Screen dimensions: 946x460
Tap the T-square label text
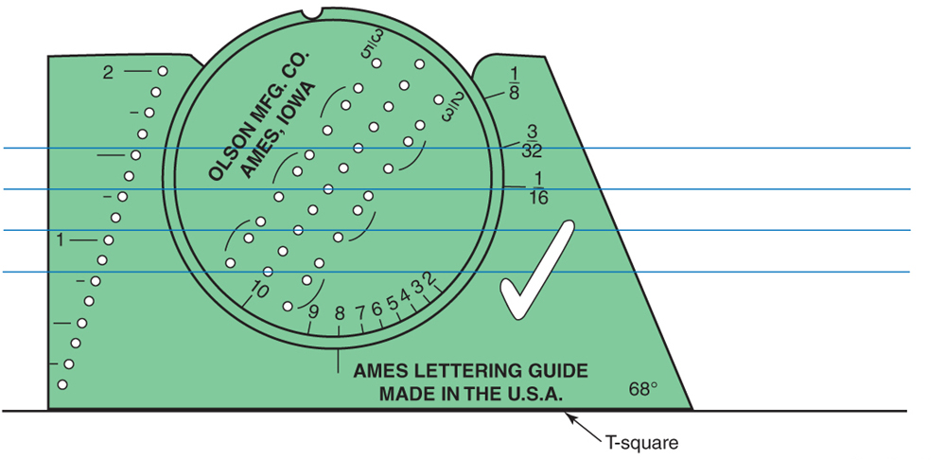pyautogui.click(x=641, y=443)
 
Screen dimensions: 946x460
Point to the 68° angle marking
pyautogui.click(x=642, y=389)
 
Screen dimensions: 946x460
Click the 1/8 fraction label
pyautogui.click(x=514, y=82)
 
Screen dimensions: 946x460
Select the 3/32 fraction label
pyautogui.click(x=532, y=141)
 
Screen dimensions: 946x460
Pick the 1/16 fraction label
pyautogui.click(x=538, y=188)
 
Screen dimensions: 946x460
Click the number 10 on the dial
pyautogui.click(x=258, y=292)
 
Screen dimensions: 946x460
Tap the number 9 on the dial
pyautogui.click(x=313, y=312)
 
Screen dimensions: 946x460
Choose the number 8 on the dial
pyautogui.click(x=340, y=313)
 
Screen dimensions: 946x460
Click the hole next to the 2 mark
pyautogui.click(x=163, y=71)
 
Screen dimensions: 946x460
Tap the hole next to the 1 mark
pyautogui.click(x=109, y=240)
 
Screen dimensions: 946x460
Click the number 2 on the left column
pyautogui.click(x=108, y=73)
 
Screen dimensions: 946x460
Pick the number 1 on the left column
pyautogui.click(x=60, y=240)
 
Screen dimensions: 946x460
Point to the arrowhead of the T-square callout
pyautogui.click(x=567, y=416)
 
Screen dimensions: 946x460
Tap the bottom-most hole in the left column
pyautogui.click(x=62, y=384)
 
